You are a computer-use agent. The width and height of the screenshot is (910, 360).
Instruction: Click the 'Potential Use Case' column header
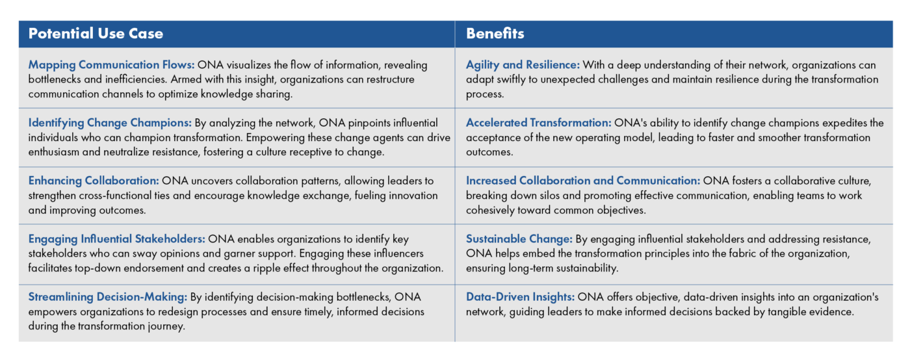click(x=96, y=34)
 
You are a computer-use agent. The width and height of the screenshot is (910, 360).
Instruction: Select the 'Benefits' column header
click(x=495, y=34)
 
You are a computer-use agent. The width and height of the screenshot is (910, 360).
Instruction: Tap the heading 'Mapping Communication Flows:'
click(x=111, y=65)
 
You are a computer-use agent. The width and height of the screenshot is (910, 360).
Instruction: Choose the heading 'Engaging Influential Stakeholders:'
click(x=117, y=238)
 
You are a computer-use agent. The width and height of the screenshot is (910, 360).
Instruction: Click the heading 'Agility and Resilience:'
click(x=523, y=65)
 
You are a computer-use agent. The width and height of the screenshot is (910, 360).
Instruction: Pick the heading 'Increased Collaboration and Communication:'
click(x=583, y=181)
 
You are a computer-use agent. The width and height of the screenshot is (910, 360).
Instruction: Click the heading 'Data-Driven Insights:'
click(x=520, y=297)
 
